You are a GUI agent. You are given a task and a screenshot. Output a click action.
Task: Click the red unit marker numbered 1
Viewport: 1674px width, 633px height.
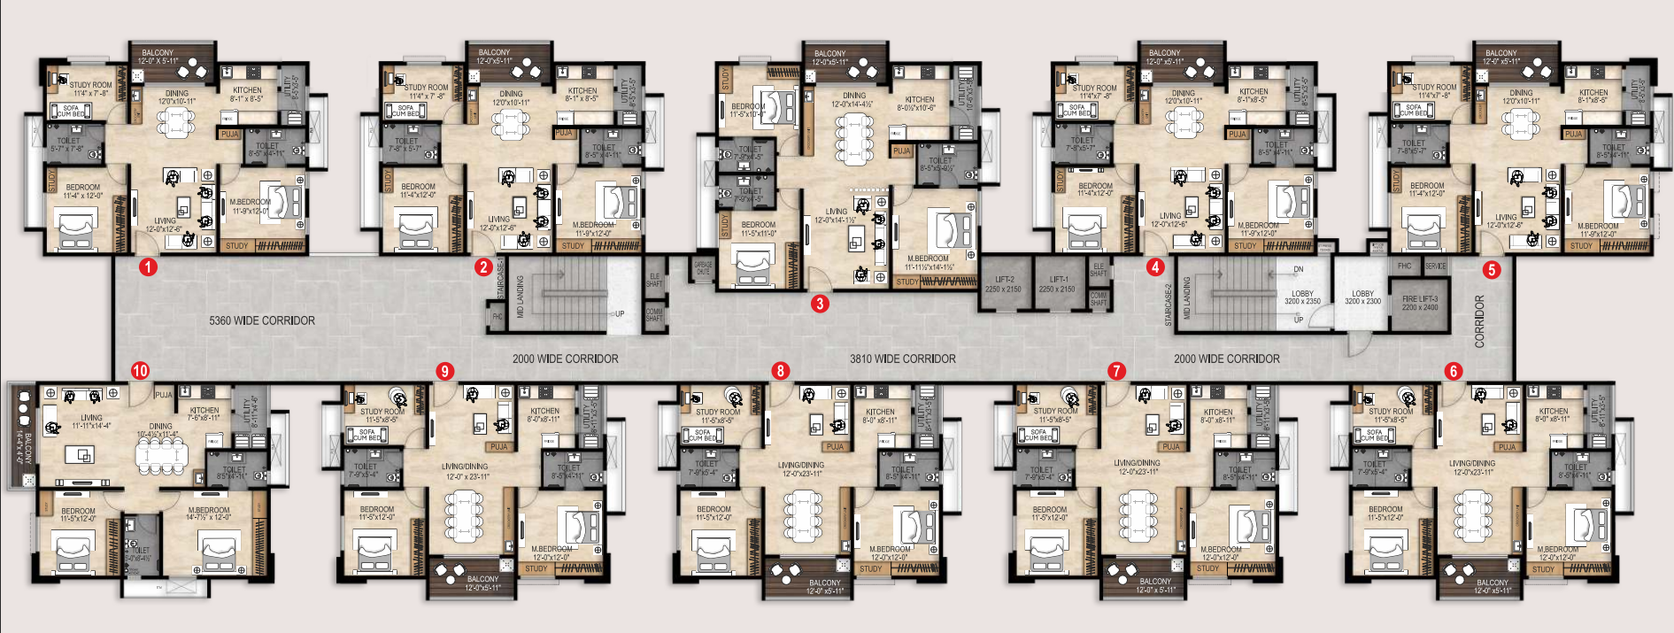[x=148, y=266]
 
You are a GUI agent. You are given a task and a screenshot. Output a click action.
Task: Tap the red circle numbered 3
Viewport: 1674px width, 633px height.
[x=820, y=304]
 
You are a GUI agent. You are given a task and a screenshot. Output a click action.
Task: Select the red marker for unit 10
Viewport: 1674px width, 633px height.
[x=140, y=371]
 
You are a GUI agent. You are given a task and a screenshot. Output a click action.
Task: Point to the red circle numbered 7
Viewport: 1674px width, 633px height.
[x=1116, y=371]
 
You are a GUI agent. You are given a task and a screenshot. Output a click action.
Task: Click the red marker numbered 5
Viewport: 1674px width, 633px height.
[x=1492, y=269]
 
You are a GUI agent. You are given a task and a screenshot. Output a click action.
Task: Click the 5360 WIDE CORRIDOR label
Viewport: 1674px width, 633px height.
[x=262, y=320]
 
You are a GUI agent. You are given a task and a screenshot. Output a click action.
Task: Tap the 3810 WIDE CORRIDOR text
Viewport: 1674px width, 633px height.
[x=902, y=359]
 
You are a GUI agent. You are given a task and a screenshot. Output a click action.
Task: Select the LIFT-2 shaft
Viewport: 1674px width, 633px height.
[x=1004, y=284]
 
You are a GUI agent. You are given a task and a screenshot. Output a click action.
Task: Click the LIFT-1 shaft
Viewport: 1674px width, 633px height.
[x=1058, y=284]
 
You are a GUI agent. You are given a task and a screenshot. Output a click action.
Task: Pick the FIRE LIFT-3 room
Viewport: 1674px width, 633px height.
[x=1420, y=304]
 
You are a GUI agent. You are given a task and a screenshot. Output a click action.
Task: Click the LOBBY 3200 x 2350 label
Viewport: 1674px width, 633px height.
[x=1302, y=297]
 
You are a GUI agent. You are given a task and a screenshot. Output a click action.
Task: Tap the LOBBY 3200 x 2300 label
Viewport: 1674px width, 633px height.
[x=1362, y=297]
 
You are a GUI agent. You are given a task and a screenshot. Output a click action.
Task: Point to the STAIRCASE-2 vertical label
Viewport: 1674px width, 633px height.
[x=1169, y=305]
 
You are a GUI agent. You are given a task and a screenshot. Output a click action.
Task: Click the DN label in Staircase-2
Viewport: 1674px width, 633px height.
[x=1298, y=269]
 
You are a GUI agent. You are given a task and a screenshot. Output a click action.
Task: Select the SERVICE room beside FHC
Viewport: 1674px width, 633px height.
[x=1435, y=266]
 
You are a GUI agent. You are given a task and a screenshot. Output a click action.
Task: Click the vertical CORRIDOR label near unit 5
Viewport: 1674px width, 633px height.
[x=1479, y=320]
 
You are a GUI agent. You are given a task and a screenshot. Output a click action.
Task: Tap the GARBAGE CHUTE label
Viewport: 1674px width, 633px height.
[x=703, y=267]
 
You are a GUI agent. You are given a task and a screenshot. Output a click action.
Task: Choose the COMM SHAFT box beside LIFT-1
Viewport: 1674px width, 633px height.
[x=1099, y=299]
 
